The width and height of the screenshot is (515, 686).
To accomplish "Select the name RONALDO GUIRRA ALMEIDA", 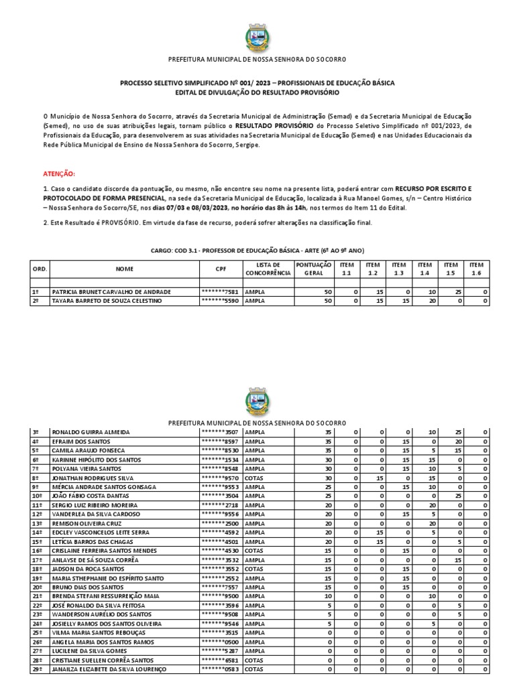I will point(91,433).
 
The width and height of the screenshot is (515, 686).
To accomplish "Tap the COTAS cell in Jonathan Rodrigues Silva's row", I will point(255,478).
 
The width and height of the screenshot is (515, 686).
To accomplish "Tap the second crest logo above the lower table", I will point(257,402).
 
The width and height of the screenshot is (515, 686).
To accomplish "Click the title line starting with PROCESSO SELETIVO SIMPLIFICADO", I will point(257,83).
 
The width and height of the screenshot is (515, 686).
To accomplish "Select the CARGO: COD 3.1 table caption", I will point(257,250).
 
